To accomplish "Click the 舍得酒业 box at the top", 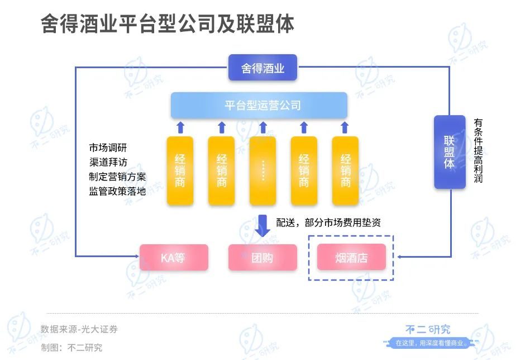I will (262, 68).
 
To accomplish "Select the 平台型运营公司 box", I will (259, 105).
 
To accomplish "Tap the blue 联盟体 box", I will (450, 152).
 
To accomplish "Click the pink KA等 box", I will (173, 258).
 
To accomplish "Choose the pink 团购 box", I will (262, 258).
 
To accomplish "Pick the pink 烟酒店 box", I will (351, 258).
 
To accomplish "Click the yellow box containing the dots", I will (262, 170).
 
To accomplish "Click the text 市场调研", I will (108, 148).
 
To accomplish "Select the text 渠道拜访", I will (108, 163).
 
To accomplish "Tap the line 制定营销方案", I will (117, 177).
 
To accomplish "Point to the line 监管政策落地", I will (117, 191).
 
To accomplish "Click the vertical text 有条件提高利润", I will (478, 151).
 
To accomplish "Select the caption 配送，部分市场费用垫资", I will (328, 222).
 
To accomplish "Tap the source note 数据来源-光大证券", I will (79, 329).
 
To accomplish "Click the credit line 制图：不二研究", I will (71, 347).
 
